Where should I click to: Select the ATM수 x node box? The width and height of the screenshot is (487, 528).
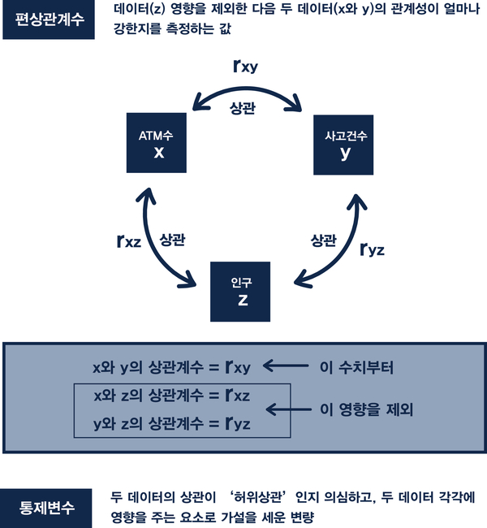[x=159, y=145]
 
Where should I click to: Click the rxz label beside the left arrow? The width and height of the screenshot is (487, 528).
[x=129, y=240]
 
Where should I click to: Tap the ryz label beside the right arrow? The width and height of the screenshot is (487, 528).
[x=373, y=249]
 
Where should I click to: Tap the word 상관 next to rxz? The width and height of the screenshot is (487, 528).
[x=172, y=240]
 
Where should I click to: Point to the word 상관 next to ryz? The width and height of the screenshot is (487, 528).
[x=323, y=240]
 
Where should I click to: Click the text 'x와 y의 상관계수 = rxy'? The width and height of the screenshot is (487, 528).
[x=172, y=368]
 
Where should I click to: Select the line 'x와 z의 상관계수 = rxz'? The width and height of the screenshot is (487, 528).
[x=172, y=396]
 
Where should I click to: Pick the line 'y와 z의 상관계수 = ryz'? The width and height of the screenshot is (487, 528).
[x=172, y=423]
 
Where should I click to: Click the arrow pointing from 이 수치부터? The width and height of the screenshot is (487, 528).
[x=288, y=368]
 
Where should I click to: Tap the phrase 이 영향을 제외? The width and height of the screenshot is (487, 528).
[x=368, y=410]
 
